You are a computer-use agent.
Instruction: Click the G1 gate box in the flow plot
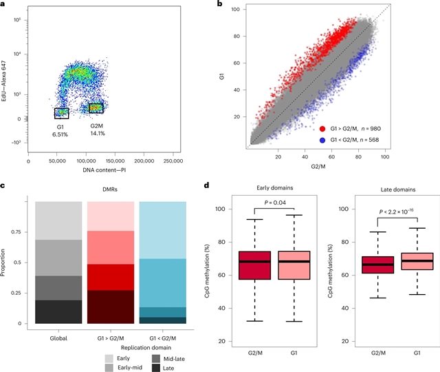coord(62,113)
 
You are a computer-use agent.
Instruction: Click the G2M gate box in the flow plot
coord(96,108)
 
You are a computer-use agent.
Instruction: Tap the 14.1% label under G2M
coord(97,134)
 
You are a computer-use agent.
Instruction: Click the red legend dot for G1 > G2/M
coord(322,128)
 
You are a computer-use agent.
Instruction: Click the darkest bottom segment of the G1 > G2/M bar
coord(110,307)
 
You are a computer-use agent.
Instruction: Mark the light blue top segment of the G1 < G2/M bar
coord(162,230)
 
